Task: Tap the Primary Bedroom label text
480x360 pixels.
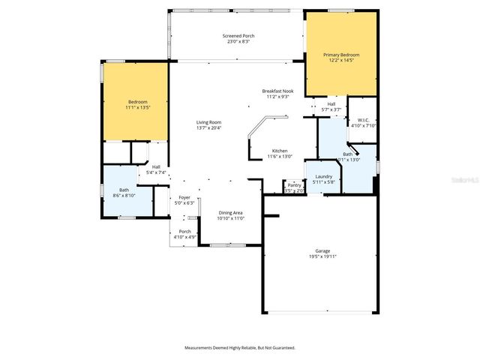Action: tap(341, 55)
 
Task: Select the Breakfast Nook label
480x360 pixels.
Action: tap(277, 91)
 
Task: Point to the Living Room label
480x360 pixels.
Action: tap(208, 121)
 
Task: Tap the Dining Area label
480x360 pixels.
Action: tap(230, 213)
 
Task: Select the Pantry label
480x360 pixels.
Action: tap(294, 185)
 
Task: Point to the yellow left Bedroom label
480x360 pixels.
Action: tap(137, 102)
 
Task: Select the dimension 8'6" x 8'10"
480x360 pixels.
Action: tap(124, 196)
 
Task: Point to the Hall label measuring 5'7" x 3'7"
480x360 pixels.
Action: tap(331, 104)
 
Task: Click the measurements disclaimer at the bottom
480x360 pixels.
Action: tap(240, 347)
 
